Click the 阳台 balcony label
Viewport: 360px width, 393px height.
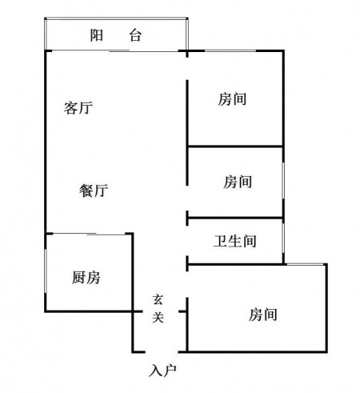click(115, 35)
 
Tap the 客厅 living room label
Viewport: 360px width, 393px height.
click(78, 107)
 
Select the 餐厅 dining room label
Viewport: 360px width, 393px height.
click(94, 190)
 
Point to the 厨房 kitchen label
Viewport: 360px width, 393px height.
click(86, 277)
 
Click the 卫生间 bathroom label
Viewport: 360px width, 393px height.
click(235, 241)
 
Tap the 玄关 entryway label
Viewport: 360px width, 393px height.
click(158, 308)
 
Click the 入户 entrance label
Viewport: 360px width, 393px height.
click(162, 371)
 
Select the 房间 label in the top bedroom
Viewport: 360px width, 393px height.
click(232, 99)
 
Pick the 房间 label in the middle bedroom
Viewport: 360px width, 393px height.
click(238, 182)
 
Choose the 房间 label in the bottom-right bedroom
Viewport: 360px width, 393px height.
click(263, 314)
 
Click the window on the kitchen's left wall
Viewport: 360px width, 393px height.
click(46, 271)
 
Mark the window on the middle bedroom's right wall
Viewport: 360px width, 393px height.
click(283, 181)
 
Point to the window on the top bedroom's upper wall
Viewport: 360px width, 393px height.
click(230, 50)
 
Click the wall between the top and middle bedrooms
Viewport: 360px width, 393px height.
click(235, 146)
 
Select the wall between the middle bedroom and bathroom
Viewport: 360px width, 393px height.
click(235, 218)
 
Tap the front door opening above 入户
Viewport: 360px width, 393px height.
click(162, 352)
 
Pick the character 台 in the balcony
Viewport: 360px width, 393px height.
click(135, 35)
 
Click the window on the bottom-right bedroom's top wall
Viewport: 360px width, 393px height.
click(305, 264)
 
